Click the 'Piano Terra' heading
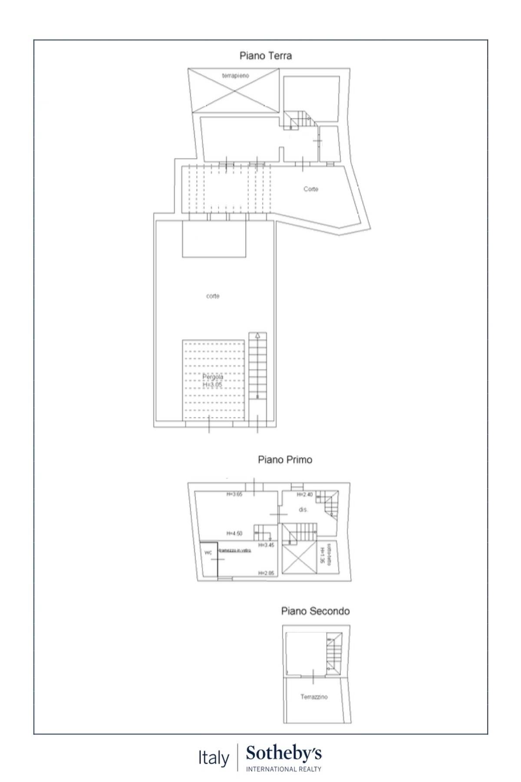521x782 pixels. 266,56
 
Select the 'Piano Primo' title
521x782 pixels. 285,460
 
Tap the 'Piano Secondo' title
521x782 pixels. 315,611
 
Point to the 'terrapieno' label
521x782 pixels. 236,76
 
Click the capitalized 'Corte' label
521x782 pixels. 311,189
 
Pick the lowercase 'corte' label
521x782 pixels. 213,296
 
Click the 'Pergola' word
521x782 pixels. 213,377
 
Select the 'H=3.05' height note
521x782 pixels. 213,385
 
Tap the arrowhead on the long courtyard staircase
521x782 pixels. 257,335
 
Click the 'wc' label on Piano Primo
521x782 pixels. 208,553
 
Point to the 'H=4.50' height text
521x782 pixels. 234,533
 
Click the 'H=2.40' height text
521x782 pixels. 305,495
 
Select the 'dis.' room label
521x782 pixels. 303,510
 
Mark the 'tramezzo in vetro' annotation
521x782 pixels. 235,550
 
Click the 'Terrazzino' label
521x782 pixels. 314,697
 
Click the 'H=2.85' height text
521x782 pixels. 266,573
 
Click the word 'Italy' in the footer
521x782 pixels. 214,759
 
